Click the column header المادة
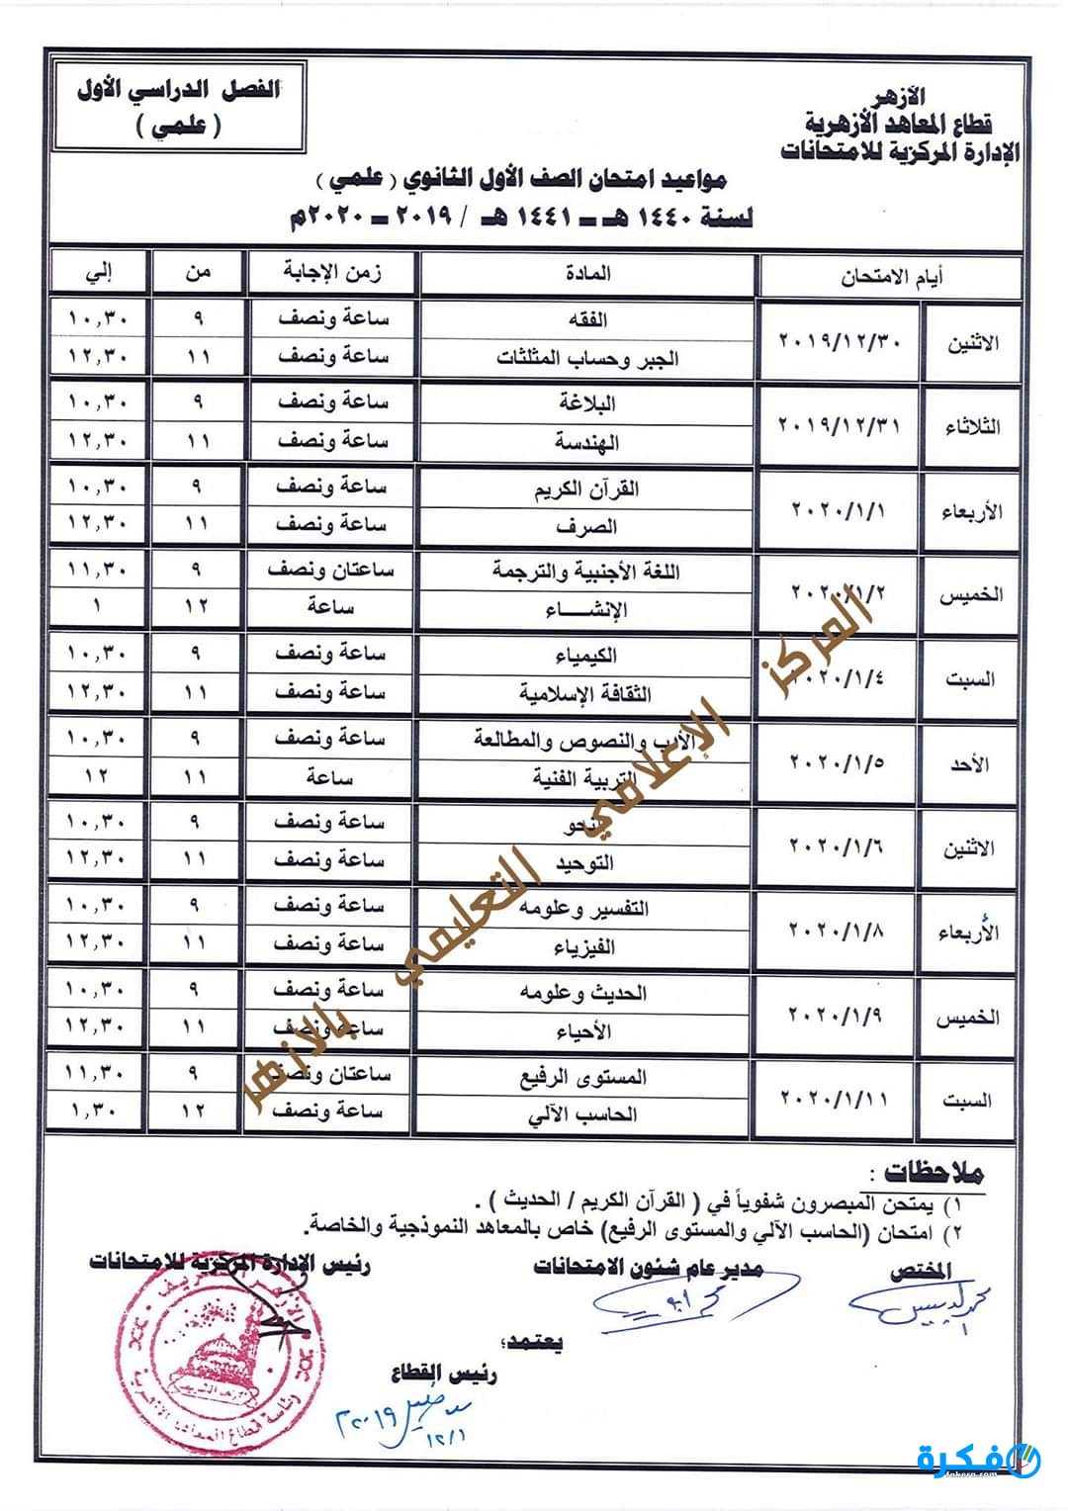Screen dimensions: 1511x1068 (588, 274)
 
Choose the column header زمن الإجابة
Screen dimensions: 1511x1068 (332, 273)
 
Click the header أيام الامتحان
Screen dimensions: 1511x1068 (891, 276)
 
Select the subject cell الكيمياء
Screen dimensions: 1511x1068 (588, 655)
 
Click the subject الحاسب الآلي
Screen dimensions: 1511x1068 (583, 1114)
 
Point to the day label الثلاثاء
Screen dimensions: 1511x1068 (971, 426)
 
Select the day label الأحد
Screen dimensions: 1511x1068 (973, 763)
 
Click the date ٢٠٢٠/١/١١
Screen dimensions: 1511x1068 (836, 1098)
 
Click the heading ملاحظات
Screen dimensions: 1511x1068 (934, 1174)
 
